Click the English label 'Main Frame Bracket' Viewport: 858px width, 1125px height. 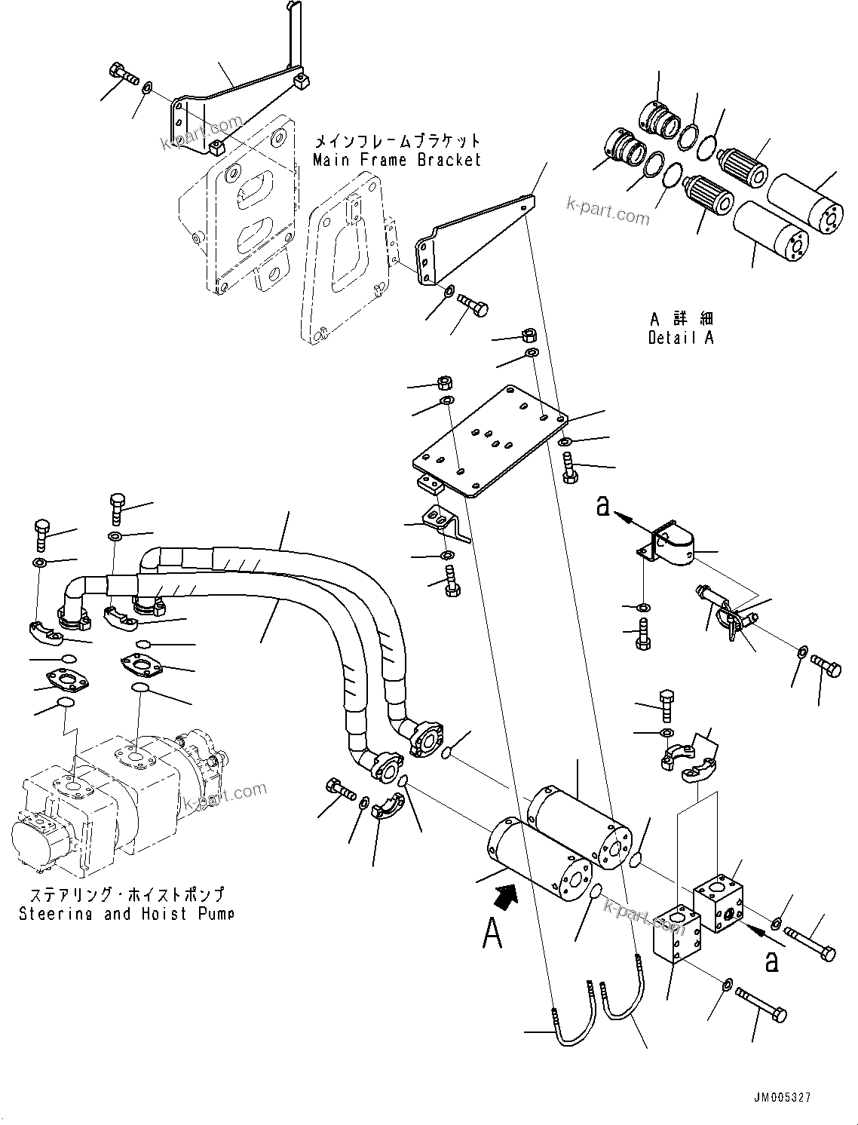click(397, 160)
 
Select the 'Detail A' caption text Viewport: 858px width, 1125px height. click(680, 338)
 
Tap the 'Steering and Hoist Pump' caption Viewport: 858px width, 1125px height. click(126, 913)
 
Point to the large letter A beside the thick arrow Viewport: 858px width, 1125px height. click(492, 934)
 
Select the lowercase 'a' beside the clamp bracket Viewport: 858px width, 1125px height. click(602, 507)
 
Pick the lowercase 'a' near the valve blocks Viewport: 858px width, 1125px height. click(771, 961)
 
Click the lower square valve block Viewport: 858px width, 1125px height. click(677, 933)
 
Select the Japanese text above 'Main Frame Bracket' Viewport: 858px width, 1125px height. click(397, 141)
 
